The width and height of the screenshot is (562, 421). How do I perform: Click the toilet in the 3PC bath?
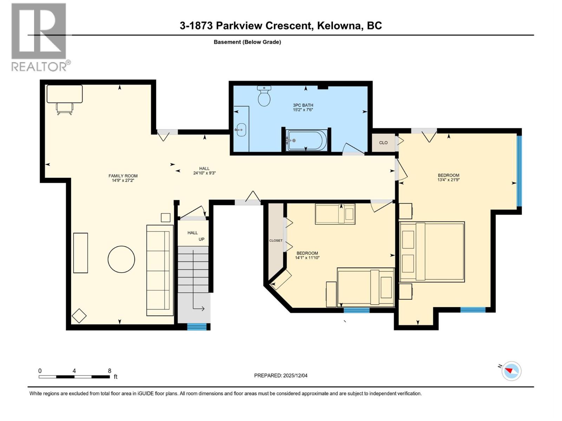tap(264, 96)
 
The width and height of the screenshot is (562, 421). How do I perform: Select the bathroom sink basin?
tap(241, 130)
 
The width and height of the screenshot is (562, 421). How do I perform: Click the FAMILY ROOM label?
tap(123, 176)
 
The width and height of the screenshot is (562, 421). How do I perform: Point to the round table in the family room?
tap(121, 259)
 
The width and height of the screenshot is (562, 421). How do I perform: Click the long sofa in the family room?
tap(160, 270)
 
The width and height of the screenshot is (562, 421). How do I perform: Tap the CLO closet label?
tap(383, 142)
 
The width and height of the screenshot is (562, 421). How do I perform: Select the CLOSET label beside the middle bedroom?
tap(276, 240)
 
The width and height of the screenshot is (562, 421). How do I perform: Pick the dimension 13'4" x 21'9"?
tap(449, 180)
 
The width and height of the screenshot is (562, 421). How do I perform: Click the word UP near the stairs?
tap(201, 239)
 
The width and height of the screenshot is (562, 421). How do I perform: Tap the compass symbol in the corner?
tap(511, 371)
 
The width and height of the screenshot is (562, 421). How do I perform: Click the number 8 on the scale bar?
tap(110, 371)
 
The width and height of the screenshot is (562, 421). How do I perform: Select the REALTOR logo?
tap(39, 37)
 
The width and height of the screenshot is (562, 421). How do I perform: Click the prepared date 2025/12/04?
tap(295, 375)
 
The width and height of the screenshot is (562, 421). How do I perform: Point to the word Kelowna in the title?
tap(339, 26)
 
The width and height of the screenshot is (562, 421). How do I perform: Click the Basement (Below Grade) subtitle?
tap(247, 42)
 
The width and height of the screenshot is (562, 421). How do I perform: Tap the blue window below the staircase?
tap(197, 327)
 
